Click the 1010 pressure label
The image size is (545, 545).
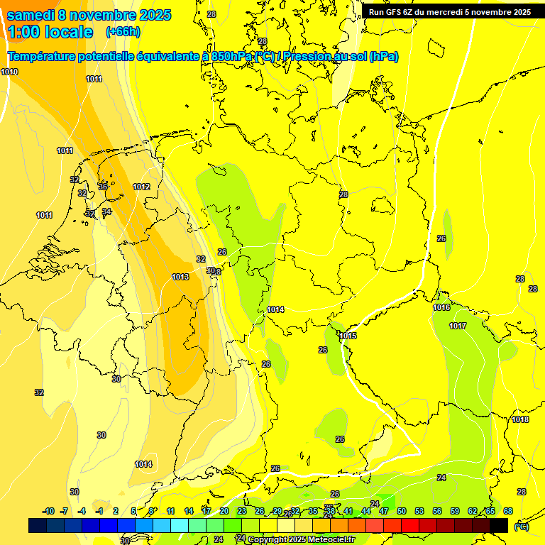(9, 72)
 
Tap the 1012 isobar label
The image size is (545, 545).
(141, 187)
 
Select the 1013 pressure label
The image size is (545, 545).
(180, 277)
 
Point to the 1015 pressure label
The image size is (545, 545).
(348, 336)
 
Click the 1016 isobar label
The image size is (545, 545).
(441, 307)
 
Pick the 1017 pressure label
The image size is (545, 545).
(458, 326)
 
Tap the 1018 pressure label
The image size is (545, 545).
(520, 420)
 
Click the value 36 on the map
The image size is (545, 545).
(102, 187)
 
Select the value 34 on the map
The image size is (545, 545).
(106, 211)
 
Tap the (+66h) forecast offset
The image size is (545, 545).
(123, 32)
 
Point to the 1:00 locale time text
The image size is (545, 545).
(50, 32)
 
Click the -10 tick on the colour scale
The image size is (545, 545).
(49, 511)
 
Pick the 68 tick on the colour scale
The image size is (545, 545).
(508, 511)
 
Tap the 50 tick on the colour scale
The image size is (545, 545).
(402, 511)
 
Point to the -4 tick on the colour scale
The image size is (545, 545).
(82, 511)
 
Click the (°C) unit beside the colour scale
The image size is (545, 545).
(521, 526)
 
